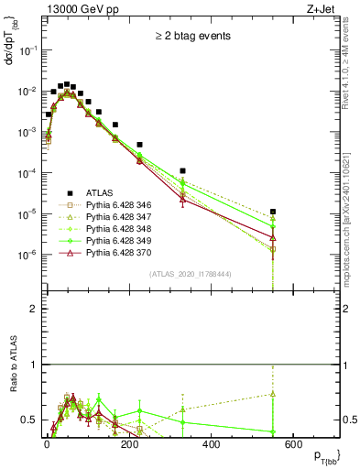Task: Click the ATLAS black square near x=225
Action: pyautogui.click(x=140, y=145)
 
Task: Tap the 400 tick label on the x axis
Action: pyautogui.click(x=211, y=444)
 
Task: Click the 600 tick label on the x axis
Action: pyautogui.click(x=293, y=444)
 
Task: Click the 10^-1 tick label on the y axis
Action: pyautogui.click(x=27, y=50)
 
